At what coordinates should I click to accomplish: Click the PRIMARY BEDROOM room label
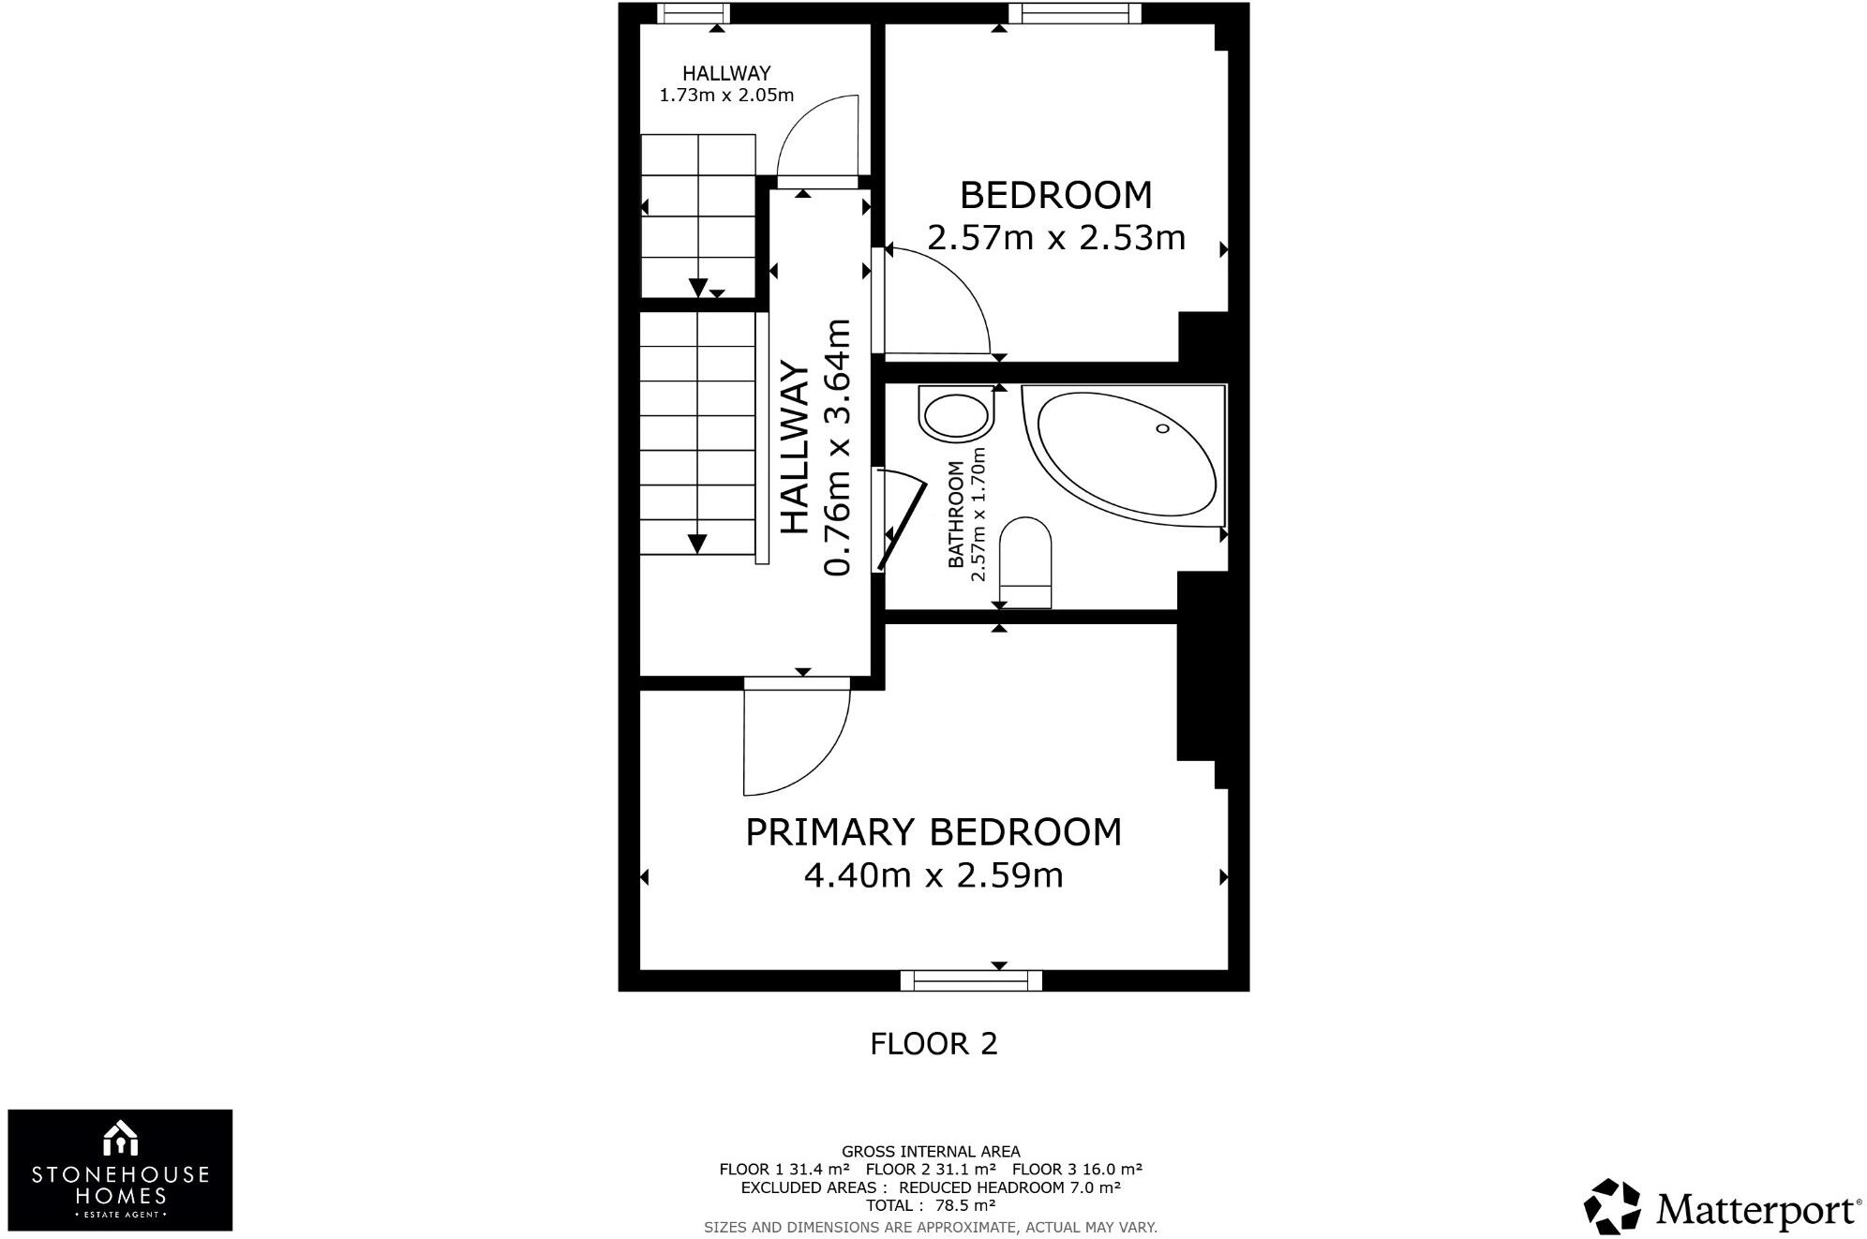pos(933,832)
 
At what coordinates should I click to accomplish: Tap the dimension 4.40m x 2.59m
pos(933,875)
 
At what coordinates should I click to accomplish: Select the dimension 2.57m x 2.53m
pos(1056,238)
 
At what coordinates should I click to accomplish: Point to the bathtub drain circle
pos(1162,428)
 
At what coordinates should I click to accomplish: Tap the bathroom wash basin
pos(956,416)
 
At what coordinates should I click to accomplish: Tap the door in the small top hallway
pos(818,136)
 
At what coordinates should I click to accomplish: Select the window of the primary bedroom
pos(971,980)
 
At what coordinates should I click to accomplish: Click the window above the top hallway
pos(694,12)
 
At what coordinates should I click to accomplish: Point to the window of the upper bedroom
pos(1074,12)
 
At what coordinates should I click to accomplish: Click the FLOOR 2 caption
pos(933,1044)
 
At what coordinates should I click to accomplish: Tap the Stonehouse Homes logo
pos(120,1170)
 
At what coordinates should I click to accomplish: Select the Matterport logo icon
pos(1612,1206)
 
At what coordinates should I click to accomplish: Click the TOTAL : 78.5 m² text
pos(930,1205)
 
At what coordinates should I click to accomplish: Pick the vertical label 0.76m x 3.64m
pos(836,448)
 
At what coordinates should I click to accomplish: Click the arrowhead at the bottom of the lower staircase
pos(697,544)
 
